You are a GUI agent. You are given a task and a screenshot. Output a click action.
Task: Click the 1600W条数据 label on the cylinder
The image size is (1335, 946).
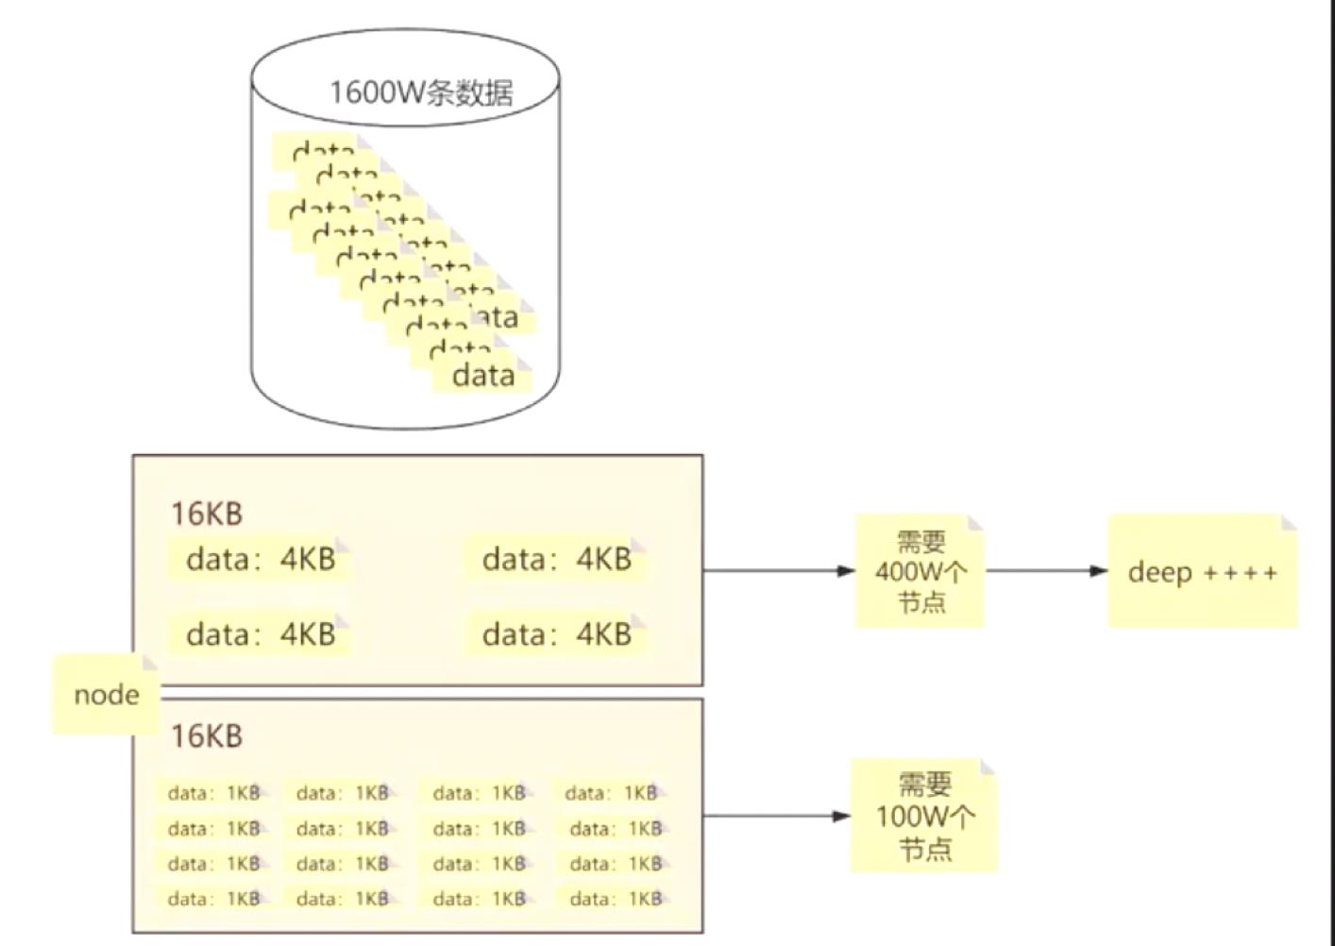coord(420,93)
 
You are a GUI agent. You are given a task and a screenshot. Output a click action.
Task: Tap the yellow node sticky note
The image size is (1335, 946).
coord(106,695)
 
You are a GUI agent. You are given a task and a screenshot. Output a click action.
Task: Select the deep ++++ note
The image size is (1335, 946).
coord(1202,572)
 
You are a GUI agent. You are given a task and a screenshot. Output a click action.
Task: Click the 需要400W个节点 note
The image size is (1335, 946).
coord(920,571)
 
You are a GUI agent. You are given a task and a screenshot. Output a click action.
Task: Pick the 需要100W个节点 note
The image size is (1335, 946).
coord(923,816)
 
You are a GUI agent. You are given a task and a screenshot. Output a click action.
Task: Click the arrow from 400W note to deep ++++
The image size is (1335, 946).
coord(1046,570)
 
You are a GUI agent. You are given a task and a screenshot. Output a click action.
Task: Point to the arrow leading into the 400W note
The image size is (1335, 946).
coord(779,570)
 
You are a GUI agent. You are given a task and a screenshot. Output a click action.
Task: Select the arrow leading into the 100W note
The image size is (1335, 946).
coord(777,816)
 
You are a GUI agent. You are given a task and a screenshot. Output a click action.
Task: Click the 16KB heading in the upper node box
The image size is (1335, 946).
coord(206,514)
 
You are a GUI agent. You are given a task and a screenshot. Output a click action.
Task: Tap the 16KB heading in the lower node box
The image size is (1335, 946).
coord(206,735)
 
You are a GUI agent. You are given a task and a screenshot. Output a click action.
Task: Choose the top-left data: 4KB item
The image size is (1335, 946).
coord(261,559)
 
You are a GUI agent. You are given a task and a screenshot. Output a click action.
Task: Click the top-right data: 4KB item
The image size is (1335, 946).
coord(556,559)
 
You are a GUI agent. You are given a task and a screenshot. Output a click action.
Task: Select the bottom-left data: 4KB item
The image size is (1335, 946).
coord(261,634)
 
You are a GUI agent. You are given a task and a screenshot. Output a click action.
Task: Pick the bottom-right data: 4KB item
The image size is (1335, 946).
coord(556,634)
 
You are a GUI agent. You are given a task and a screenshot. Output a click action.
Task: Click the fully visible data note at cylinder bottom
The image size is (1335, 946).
coord(483,376)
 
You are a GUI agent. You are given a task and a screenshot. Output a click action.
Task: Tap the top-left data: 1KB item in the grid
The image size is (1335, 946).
coord(213,793)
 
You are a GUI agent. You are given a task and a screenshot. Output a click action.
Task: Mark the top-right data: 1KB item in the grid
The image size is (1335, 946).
coord(612,793)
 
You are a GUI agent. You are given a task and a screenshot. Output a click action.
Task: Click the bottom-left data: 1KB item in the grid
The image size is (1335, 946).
coord(213,899)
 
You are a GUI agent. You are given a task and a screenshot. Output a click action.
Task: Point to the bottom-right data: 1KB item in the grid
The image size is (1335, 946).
coord(616,899)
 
